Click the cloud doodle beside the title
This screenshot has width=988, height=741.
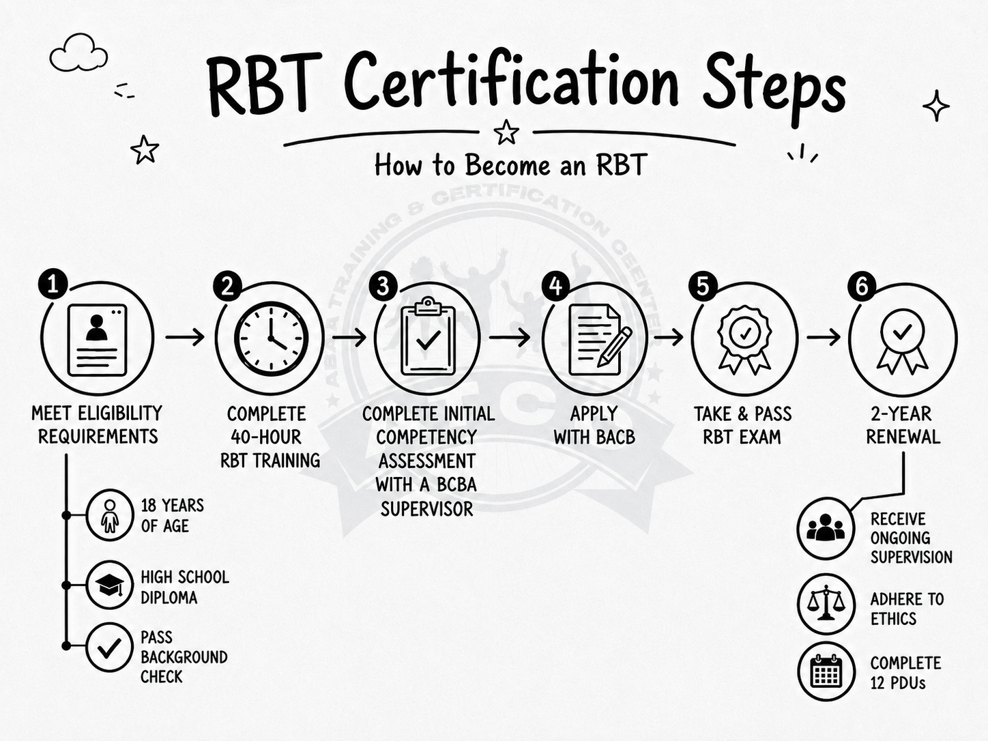point(78,53)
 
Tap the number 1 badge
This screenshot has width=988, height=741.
point(53,284)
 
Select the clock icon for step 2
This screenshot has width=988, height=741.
point(271,339)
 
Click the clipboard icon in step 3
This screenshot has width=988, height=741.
point(428,336)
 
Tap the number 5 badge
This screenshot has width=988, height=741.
point(703,287)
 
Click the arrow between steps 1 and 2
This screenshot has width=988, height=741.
point(185,336)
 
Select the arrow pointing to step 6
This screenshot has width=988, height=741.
point(824,337)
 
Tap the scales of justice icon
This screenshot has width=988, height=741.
point(826,602)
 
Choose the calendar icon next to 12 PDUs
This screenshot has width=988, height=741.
point(826,671)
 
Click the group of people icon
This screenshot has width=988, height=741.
point(826,528)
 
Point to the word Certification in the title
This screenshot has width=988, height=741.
point(511,85)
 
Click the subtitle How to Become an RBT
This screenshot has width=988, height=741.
point(511,164)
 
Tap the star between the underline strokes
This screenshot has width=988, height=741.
point(506,132)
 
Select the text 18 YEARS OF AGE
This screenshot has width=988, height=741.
point(173,516)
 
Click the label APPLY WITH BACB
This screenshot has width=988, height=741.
point(594,425)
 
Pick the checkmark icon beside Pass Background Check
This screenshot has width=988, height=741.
point(109,648)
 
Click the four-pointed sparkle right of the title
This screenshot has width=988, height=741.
point(936,106)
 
